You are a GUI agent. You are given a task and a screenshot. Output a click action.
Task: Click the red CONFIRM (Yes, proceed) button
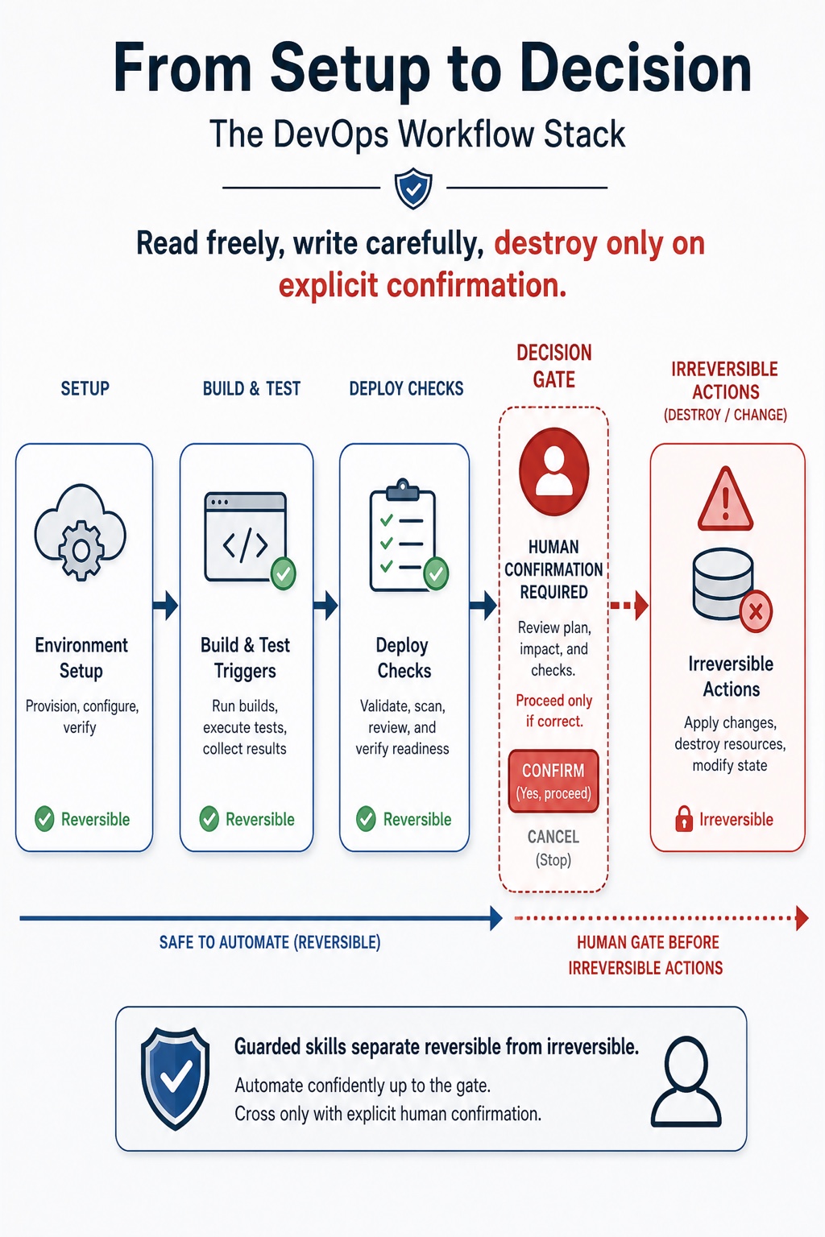(x=553, y=781)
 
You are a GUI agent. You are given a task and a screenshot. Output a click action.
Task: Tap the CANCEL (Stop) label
(x=553, y=848)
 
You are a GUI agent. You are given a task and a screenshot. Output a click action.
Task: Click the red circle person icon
(x=553, y=471)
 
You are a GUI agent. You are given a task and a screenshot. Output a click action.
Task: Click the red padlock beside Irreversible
(x=683, y=819)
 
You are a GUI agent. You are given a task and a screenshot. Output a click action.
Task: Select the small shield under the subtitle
(x=412, y=189)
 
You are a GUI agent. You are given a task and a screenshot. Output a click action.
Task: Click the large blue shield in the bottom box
(x=175, y=1078)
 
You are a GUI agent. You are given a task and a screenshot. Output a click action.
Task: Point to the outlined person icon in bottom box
(x=686, y=1081)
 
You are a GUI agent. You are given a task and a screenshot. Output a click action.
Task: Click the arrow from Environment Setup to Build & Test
(x=165, y=606)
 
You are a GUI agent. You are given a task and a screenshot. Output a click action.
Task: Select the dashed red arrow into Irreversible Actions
(x=629, y=606)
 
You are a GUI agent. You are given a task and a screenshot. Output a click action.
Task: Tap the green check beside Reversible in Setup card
(x=44, y=819)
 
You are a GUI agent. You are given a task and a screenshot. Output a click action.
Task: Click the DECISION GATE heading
(x=553, y=366)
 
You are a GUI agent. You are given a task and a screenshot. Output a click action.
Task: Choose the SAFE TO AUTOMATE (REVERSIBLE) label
(x=270, y=942)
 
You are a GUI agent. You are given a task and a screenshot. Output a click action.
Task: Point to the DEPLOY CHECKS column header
(x=406, y=389)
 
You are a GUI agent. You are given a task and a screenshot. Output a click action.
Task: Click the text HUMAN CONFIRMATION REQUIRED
(x=553, y=569)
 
